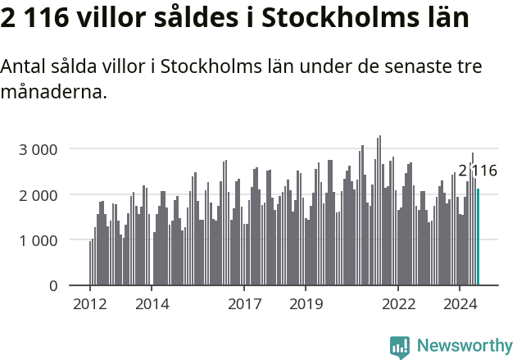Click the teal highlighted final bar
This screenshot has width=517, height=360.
(478, 238)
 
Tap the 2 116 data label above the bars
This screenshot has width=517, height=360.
(478, 171)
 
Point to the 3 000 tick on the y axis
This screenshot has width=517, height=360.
(39, 149)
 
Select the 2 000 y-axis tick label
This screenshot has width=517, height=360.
(39, 195)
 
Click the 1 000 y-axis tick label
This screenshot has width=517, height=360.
(39, 240)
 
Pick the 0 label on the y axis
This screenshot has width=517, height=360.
(52, 286)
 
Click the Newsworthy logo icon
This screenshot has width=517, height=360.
(400, 346)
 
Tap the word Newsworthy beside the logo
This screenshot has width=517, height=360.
(464, 346)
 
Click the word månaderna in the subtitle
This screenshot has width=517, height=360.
(54, 91)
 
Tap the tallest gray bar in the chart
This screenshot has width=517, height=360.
(379, 211)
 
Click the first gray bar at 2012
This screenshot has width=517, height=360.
(90, 263)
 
